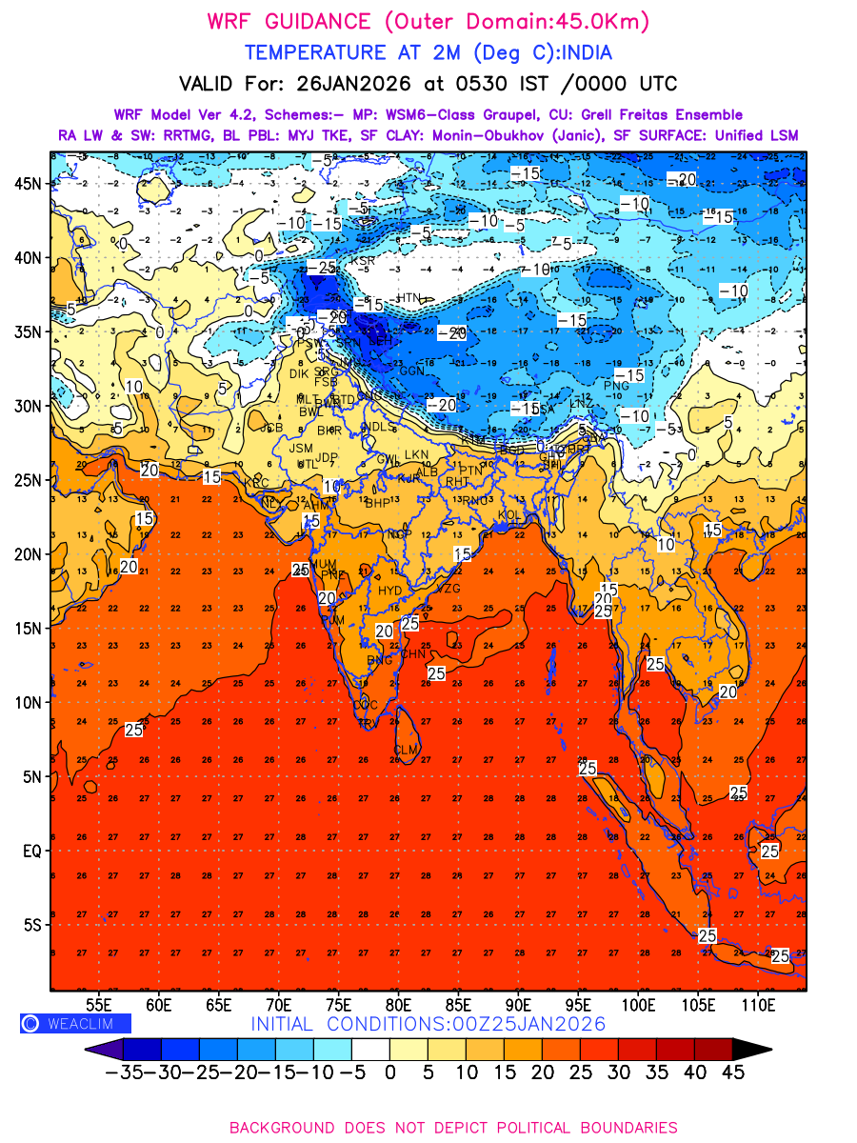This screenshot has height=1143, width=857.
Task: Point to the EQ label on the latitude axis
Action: click(x=31, y=851)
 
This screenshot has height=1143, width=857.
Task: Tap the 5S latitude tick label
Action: click(x=31, y=925)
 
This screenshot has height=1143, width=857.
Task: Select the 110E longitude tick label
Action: click(x=761, y=1004)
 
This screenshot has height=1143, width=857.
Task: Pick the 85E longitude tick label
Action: click(x=460, y=1004)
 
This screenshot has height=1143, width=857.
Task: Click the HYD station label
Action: click(x=390, y=591)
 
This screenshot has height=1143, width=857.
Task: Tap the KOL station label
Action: click(x=510, y=514)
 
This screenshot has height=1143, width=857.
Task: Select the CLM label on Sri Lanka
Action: click(x=407, y=751)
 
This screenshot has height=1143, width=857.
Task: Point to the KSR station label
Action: click(x=362, y=260)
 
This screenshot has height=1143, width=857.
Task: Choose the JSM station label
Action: click(x=301, y=448)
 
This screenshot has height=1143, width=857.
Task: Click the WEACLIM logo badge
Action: click(x=75, y=1023)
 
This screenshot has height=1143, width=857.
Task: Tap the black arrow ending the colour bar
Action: click(x=751, y=1050)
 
